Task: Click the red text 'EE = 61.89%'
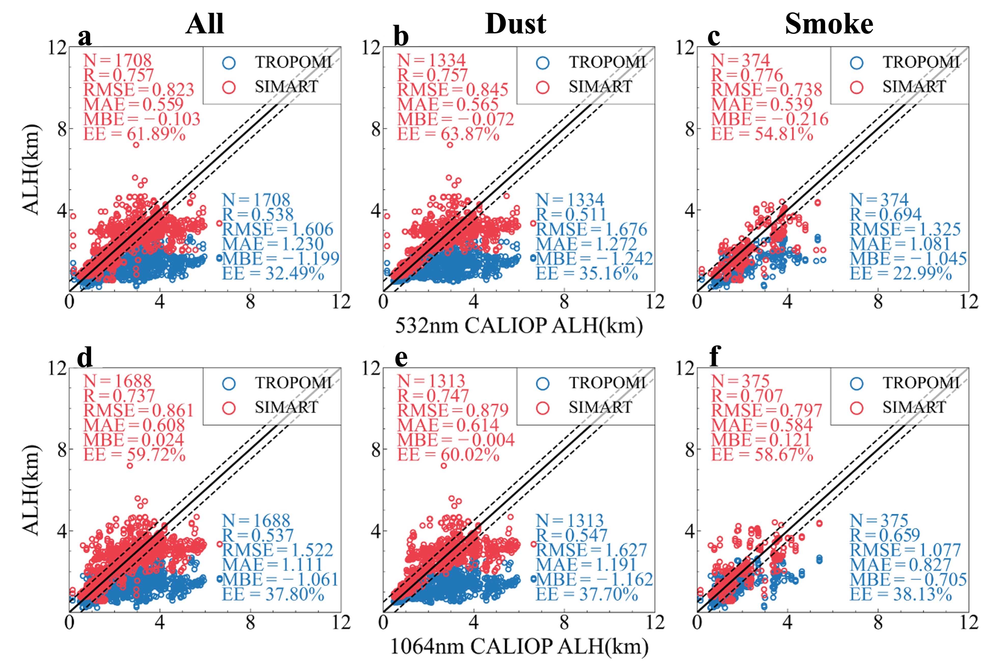[x=134, y=134]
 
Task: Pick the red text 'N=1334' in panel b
[x=431, y=60]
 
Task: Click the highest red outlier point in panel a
[x=136, y=145]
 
